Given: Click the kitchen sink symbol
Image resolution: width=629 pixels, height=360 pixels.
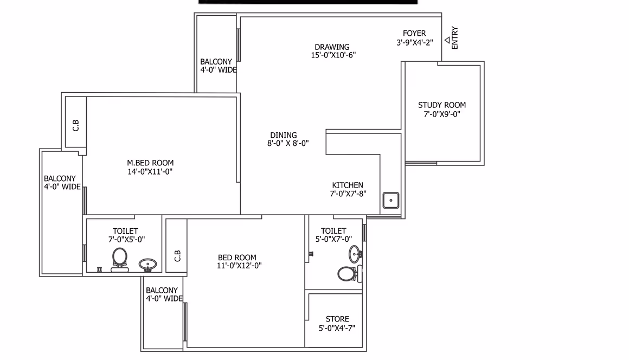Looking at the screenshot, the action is (x=391, y=201).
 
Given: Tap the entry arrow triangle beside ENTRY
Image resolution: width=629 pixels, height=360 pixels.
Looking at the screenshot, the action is (x=447, y=40).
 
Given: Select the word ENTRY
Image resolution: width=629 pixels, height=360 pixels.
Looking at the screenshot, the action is (x=455, y=38).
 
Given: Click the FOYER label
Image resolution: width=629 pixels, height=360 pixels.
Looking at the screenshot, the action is (x=414, y=33).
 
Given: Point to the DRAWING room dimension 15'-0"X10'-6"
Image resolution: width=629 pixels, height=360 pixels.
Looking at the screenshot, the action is (x=333, y=55).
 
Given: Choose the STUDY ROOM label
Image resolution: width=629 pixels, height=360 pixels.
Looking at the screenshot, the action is (x=442, y=105).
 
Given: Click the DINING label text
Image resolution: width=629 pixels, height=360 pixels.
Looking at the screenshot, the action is (x=284, y=135).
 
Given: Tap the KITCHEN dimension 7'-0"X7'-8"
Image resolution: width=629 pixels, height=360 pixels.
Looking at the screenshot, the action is (x=348, y=194).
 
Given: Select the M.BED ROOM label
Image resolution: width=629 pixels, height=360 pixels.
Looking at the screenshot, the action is (x=150, y=163).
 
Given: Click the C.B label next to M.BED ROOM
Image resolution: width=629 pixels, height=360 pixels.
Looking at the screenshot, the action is (x=76, y=125).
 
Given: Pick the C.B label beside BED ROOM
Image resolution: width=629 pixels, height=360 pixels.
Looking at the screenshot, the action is (x=178, y=256).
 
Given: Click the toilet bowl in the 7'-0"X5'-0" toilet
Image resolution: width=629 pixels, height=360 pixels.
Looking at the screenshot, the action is (x=119, y=260).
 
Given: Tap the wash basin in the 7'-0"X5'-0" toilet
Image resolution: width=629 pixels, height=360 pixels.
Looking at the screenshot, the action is (x=147, y=265).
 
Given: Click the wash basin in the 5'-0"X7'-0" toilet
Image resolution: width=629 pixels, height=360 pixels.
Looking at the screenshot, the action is (x=355, y=254).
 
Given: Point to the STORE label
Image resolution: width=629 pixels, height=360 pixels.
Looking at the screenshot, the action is (x=337, y=319).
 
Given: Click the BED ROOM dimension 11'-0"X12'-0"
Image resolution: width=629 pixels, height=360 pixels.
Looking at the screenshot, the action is (x=240, y=266).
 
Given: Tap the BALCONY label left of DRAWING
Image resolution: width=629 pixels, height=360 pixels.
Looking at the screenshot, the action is (x=216, y=62).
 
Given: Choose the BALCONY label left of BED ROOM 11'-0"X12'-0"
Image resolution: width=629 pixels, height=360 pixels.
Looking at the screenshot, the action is (x=162, y=290).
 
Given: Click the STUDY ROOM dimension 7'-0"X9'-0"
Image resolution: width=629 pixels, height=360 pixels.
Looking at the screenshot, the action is (x=442, y=114).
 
